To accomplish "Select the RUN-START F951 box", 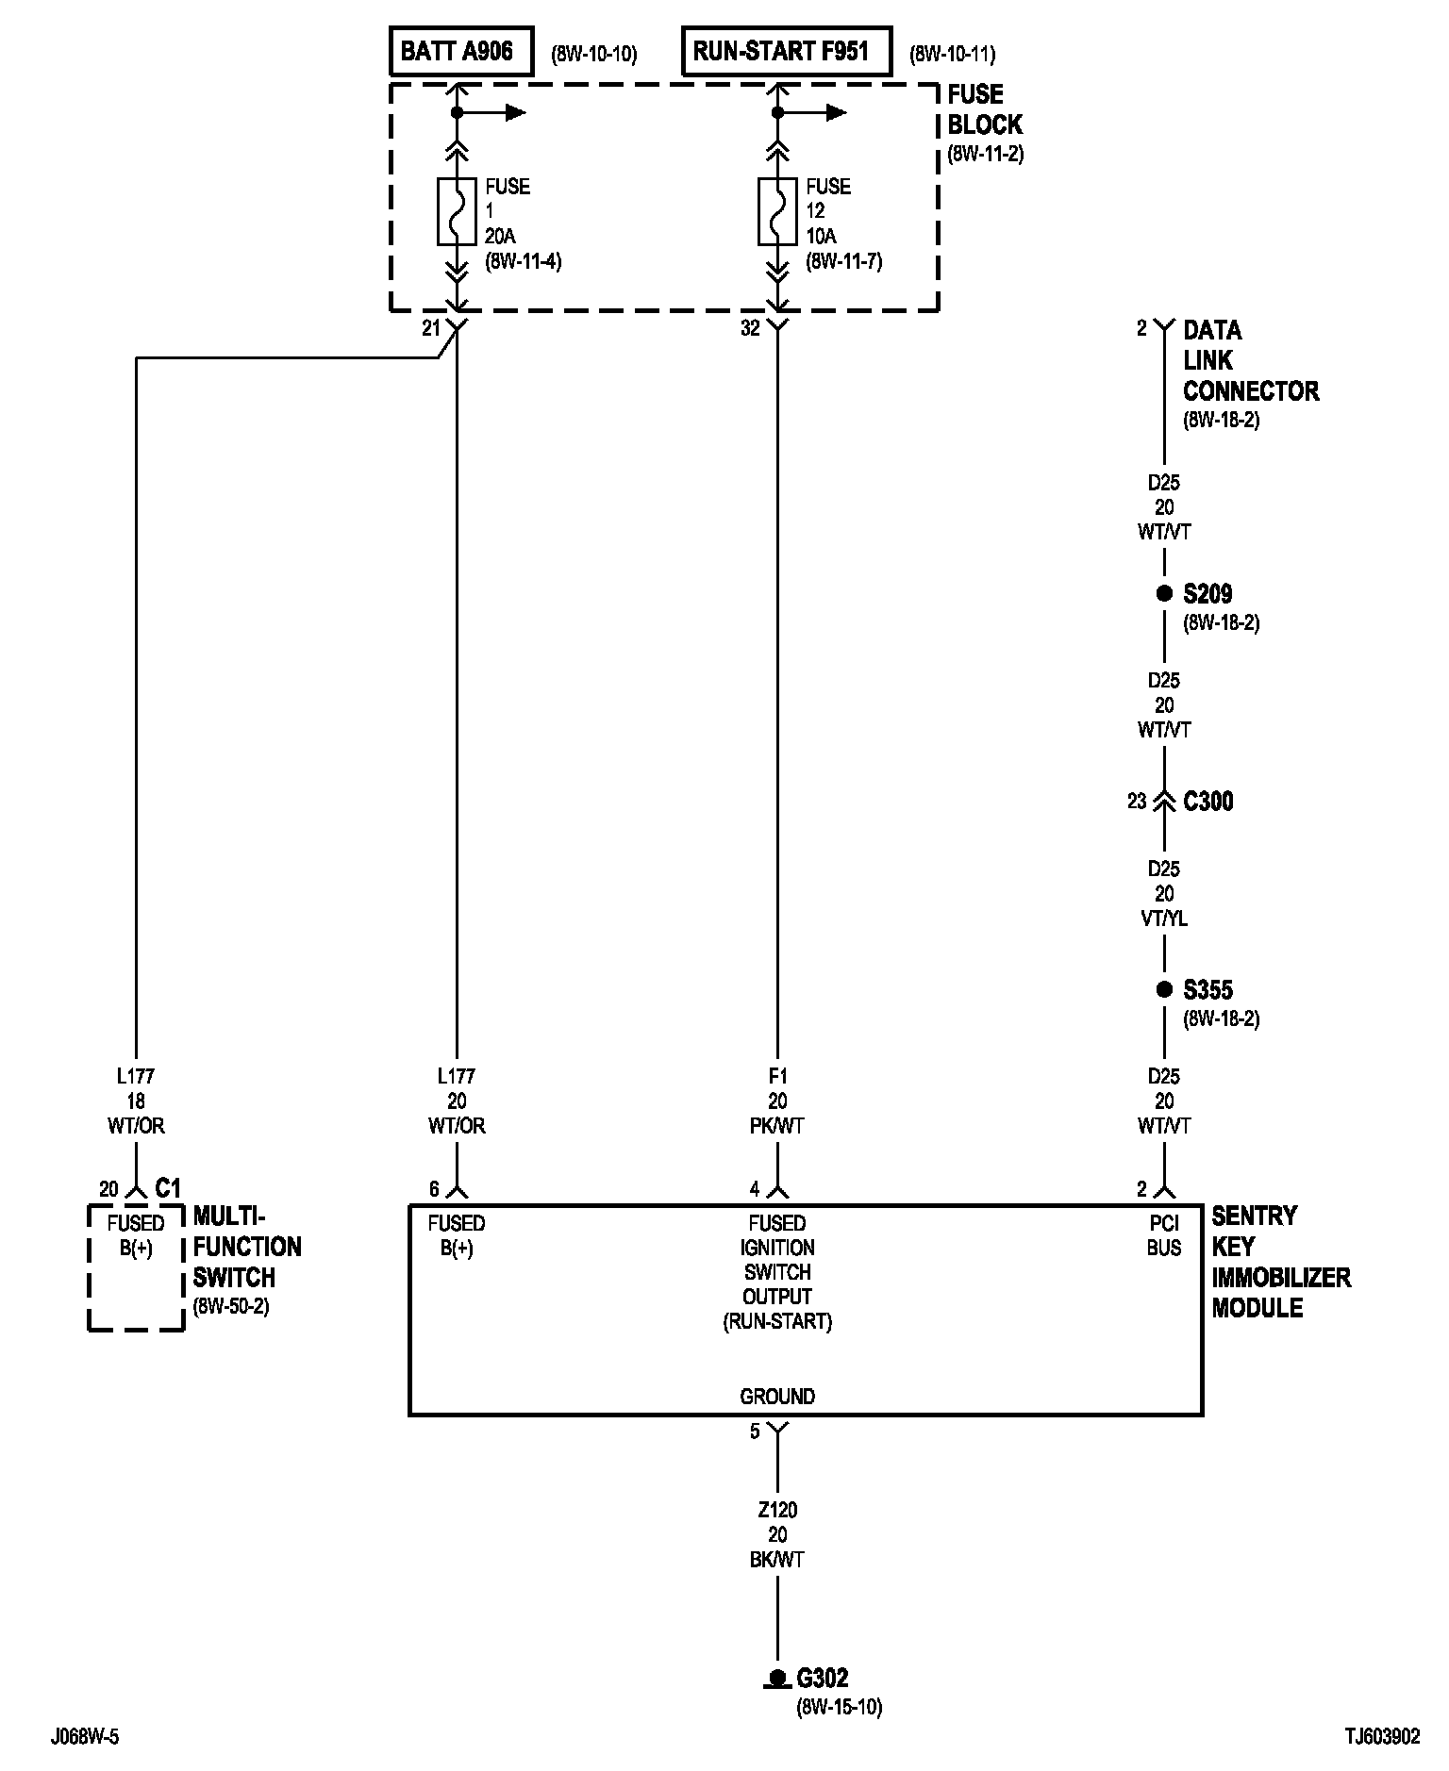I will [786, 51].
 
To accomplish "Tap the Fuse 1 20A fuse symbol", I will [457, 210].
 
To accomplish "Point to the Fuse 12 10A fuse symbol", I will [777, 210].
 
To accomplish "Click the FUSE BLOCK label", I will [984, 110].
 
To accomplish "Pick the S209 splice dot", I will [1164, 594].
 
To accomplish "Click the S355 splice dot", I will [1164, 990].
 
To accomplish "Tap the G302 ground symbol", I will [777, 1678].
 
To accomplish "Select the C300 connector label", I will [1207, 802].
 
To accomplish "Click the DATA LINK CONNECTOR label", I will [1250, 360].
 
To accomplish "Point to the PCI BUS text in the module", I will [1164, 1235].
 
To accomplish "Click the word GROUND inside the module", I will [777, 1396].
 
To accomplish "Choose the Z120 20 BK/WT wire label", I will [777, 1534].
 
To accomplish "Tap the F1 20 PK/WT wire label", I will [777, 1101].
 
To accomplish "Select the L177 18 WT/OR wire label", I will [136, 1101].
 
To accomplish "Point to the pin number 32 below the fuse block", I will [750, 329].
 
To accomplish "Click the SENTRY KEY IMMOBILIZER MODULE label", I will [1280, 1261].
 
